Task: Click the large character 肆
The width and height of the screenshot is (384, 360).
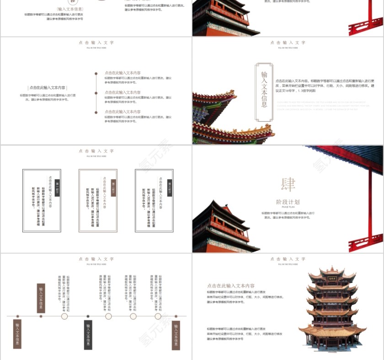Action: (288, 185)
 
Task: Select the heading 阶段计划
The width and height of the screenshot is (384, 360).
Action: (288, 202)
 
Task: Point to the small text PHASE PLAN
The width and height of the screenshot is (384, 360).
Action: (288, 208)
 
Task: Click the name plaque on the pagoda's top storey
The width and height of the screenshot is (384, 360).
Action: (332, 278)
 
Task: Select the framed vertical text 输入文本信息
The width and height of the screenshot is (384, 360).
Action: (264, 92)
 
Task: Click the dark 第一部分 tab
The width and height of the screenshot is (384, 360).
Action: (57, 187)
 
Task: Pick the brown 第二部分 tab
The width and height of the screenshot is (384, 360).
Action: (113, 187)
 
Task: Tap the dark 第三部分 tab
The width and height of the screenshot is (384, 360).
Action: (170, 187)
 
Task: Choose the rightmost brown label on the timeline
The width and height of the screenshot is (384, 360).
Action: (176, 335)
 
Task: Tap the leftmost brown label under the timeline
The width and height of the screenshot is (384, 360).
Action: (17, 334)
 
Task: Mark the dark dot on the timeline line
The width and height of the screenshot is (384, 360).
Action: (88, 316)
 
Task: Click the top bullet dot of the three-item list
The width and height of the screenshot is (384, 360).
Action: (96, 73)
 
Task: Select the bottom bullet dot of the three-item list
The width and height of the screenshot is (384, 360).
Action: (96, 112)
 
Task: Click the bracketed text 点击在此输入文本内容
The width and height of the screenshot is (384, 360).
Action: (48, 87)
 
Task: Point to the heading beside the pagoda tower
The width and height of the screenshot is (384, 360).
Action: (231, 286)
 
